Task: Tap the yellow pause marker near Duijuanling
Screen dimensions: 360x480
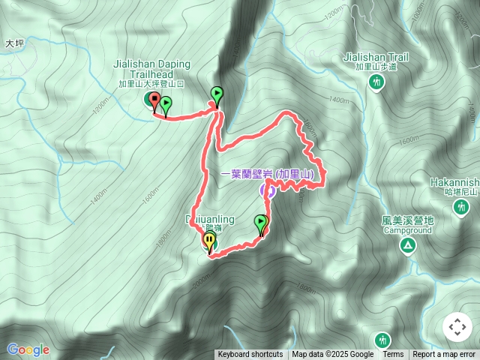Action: [209, 241]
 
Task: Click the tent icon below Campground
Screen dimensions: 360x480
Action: [408, 245]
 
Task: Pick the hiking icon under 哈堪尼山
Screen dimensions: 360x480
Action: [460, 208]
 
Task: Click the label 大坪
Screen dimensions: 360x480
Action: [15, 43]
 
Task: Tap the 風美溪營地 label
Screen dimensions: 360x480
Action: [407, 220]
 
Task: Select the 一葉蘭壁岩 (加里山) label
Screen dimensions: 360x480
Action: [274, 174]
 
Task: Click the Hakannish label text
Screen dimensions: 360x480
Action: [454, 181]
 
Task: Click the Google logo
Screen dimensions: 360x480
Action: [28, 349]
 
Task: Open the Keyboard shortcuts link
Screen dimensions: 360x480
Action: [250, 355]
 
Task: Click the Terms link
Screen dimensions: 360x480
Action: [393, 355]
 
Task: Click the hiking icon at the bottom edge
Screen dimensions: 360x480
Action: [383, 339]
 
